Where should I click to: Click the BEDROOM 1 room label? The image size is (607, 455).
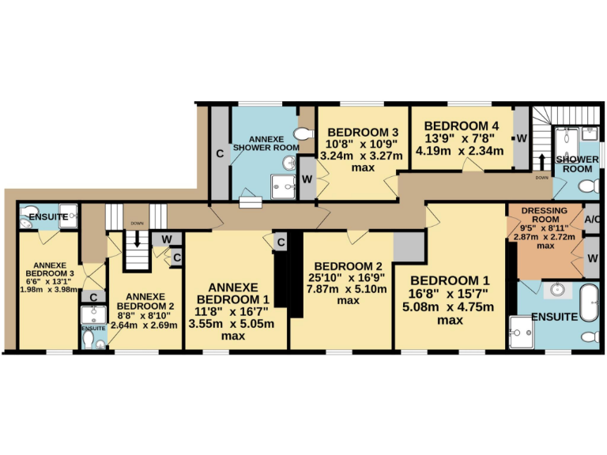(451, 280)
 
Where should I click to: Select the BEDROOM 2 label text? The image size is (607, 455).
(348, 265)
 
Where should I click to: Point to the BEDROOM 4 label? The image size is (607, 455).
(461, 126)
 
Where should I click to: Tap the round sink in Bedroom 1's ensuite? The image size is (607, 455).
(559, 288)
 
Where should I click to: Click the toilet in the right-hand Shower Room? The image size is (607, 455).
(586, 186)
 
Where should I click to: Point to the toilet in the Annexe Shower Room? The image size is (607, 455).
(302, 133)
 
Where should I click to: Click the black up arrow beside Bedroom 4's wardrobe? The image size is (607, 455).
(541, 163)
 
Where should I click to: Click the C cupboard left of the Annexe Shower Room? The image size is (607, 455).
(220, 152)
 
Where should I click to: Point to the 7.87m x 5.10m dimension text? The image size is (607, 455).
(348, 289)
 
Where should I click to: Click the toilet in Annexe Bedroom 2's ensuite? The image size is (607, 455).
(95, 340)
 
